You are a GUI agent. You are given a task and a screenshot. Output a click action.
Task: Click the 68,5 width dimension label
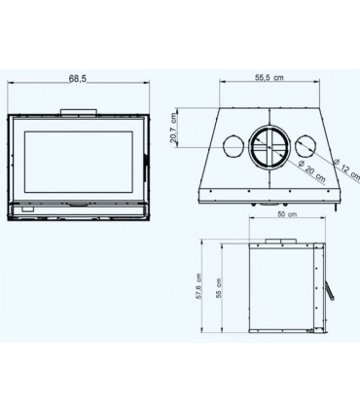pos(78,79)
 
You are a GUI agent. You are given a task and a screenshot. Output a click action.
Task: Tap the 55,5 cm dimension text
pos(269,78)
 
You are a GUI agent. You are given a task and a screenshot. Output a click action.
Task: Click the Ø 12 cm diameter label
pos(346,169)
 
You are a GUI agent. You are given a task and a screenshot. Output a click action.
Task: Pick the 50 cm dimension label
pos(287,214)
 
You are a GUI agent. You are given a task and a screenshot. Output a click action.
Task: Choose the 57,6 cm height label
pos(198,286)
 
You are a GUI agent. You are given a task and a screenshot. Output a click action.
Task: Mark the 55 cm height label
pos(219,288)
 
